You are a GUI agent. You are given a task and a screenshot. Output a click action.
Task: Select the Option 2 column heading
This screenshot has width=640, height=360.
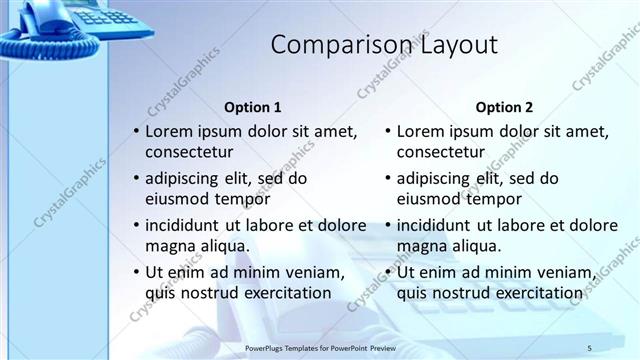(504, 107)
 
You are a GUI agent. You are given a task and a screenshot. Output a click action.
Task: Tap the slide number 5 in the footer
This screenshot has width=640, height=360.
(589, 347)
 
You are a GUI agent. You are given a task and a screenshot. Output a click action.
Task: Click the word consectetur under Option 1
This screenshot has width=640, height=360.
(189, 153)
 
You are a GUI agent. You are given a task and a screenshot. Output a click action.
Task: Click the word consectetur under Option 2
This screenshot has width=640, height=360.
(441, 153)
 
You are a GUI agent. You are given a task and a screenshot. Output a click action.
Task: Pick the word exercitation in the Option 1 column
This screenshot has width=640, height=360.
(282, 293)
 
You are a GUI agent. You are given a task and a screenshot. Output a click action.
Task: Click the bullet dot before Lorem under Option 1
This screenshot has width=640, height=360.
(135, 132)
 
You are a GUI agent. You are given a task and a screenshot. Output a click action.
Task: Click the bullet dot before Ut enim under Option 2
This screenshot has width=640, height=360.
(387, 272)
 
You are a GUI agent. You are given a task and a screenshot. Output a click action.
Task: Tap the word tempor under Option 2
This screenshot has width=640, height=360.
(486, 199)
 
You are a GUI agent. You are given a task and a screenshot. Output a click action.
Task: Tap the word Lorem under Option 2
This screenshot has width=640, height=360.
(420, 131)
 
